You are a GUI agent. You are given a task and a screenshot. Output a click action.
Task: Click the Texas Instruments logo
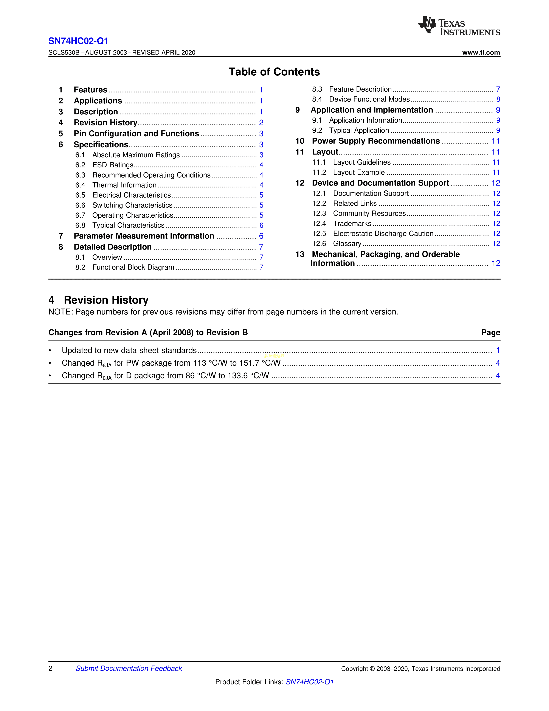(x=459, y=26)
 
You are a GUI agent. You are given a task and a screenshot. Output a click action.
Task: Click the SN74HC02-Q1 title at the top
(x=78, y=41)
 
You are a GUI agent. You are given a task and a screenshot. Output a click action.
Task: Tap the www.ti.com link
(x=481, y=52)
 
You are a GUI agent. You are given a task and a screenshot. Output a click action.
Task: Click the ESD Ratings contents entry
(x=113, y=165)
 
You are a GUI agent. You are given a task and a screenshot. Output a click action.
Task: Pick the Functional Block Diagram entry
(x=133, y=267)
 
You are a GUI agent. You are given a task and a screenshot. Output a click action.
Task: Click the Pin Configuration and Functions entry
(x=136, y=134)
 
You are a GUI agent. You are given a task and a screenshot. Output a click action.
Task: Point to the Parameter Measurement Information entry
(x=144, y=236)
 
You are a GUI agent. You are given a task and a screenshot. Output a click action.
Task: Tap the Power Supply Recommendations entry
(x=376, y=141)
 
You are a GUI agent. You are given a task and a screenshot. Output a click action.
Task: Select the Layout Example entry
(x=359, y=173)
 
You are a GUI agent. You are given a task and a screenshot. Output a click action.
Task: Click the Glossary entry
(x=347, y=244)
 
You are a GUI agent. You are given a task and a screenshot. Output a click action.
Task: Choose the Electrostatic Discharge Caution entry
(x=383, y=234)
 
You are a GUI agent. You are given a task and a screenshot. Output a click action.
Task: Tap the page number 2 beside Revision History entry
(x=261, y=123)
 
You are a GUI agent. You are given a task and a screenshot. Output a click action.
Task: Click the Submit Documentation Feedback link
(x=129, y=668)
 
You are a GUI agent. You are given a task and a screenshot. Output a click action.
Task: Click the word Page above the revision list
(x=490, y=332)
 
